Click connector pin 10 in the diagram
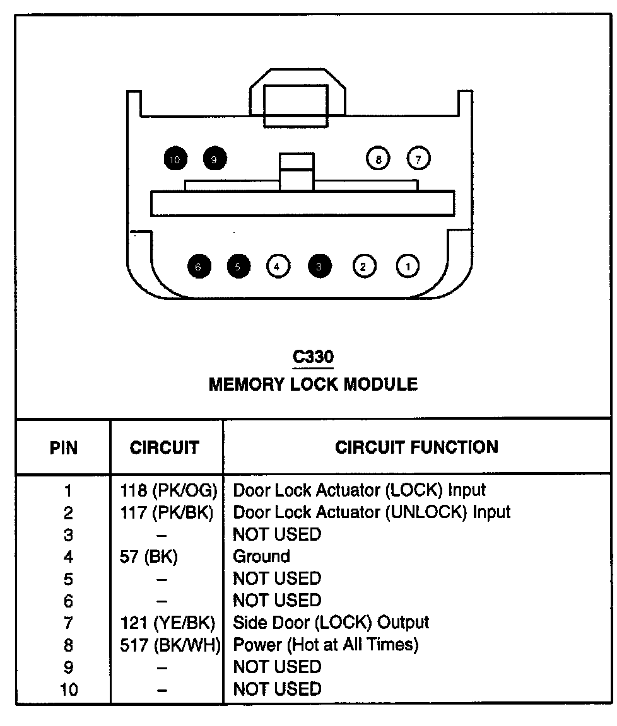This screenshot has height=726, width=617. tap(175, 159)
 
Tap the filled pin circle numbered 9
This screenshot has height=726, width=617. tap(214, 158)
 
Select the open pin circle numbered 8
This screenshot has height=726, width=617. tap(378, 158)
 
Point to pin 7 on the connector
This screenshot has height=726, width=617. tap(418, 158)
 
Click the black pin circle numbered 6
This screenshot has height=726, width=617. tap(199, 266)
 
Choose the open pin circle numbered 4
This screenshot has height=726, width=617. tap(278, 266)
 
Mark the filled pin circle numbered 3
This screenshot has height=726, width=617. tap(319, 266)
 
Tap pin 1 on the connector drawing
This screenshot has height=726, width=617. tap(408, 266)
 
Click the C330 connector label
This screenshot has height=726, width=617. tap(313, 357)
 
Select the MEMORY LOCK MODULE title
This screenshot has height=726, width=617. tap(313, 384)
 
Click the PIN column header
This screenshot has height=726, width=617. tap(64, 447)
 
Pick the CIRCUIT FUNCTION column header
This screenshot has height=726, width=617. tap(416, 447)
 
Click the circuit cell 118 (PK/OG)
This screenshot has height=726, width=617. tap(168, 490)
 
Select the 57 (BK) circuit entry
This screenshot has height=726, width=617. tap(148, 556)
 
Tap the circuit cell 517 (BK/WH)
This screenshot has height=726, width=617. tap(170, 645)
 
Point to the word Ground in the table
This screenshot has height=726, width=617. tap(261, 556)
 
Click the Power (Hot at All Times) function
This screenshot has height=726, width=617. tap(326, 645)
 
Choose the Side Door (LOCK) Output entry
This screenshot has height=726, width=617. tap(331, 623)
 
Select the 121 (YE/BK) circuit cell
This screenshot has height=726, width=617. tap(168, 623)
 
